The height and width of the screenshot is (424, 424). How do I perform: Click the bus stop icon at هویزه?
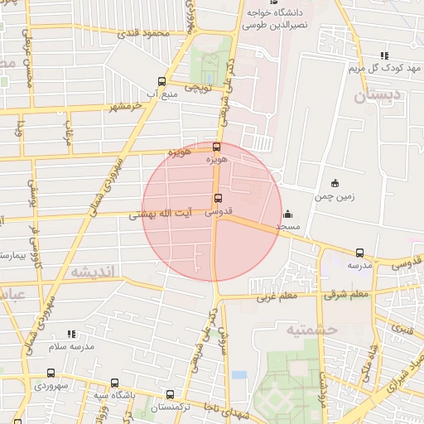pos(217,147)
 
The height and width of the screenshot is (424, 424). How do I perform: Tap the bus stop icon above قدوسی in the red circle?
pos(218,198)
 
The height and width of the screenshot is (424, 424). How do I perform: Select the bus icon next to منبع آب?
pos(161,81)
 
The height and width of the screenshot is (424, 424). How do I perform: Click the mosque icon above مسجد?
pos(287,213)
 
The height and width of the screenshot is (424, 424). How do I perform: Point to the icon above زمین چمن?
pos(335,183)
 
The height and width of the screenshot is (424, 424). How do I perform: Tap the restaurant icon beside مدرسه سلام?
pos(71,333)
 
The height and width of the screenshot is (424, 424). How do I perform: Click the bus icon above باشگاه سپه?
pos(114,383)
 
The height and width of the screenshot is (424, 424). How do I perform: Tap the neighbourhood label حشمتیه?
pos(314,330)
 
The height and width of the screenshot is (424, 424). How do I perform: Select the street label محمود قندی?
pos(144,33)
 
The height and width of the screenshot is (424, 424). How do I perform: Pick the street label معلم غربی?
pos(277,296)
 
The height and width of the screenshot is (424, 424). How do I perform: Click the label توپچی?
pos(198,86)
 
